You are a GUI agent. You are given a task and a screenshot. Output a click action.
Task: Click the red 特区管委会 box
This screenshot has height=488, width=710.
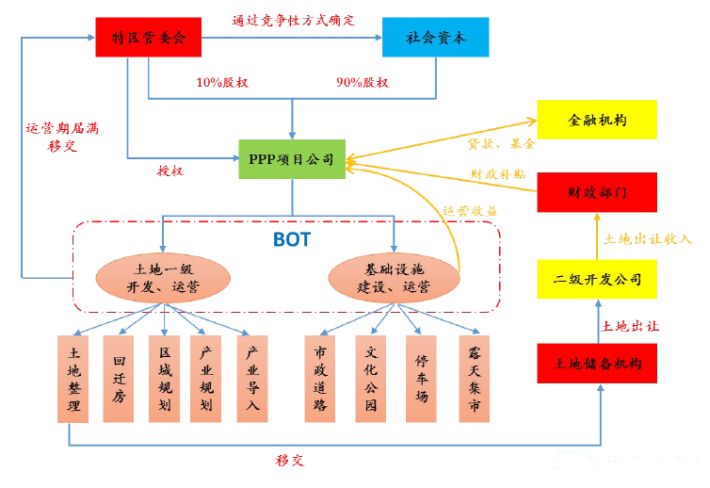tap(149, 37)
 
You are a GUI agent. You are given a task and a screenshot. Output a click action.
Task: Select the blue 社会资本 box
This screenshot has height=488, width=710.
tap(435, 37)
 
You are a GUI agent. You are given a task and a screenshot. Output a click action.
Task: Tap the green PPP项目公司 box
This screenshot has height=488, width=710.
tap(292, 160)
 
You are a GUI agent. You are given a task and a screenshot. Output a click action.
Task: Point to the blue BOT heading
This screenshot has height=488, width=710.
tap(292, 238)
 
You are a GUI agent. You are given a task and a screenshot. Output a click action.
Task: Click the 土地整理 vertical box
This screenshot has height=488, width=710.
tap(74, 379)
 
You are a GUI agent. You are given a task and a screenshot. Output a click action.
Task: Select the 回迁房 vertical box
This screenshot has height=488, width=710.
tap(120, 379)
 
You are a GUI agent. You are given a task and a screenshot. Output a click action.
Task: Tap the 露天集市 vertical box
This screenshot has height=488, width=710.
tap(476, 379)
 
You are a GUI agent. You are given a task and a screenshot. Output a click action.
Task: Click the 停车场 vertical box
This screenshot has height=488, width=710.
tap(422, 379)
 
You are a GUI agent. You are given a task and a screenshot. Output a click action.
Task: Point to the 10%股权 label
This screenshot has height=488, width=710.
tap(222, 83)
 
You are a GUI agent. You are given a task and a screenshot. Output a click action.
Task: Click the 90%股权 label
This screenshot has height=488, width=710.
tap(363, 83)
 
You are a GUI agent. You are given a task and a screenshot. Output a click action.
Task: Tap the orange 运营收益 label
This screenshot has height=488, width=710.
tap(470, 210)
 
